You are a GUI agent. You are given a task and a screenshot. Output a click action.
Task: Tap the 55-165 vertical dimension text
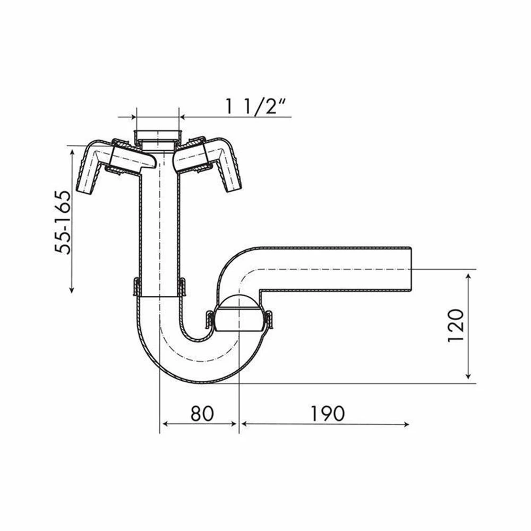click(x=64, y=221)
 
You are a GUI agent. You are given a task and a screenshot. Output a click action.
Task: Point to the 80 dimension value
click(x=202, y=413)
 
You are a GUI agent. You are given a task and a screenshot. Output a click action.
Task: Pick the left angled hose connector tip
click(x=85, y=183)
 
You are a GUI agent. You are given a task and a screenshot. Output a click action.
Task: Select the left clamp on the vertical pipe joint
click(x=136, y=287)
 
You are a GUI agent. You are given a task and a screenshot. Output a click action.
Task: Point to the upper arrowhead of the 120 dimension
click(x=468, y=276)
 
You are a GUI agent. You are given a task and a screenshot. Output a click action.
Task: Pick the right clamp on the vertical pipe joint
click(x=182, y=287)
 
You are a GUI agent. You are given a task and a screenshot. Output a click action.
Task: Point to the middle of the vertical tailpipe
click(x=159, y=228)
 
